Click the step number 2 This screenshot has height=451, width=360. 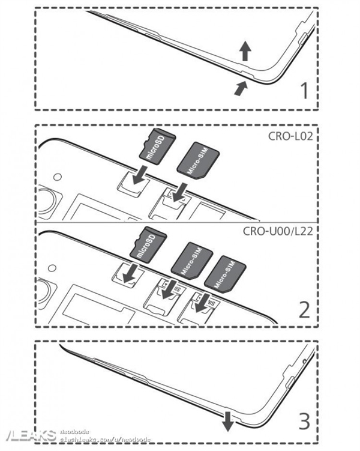305,309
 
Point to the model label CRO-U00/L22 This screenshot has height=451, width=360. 283,231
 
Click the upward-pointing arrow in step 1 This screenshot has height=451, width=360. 244,51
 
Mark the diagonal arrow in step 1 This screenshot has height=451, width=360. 240,88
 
